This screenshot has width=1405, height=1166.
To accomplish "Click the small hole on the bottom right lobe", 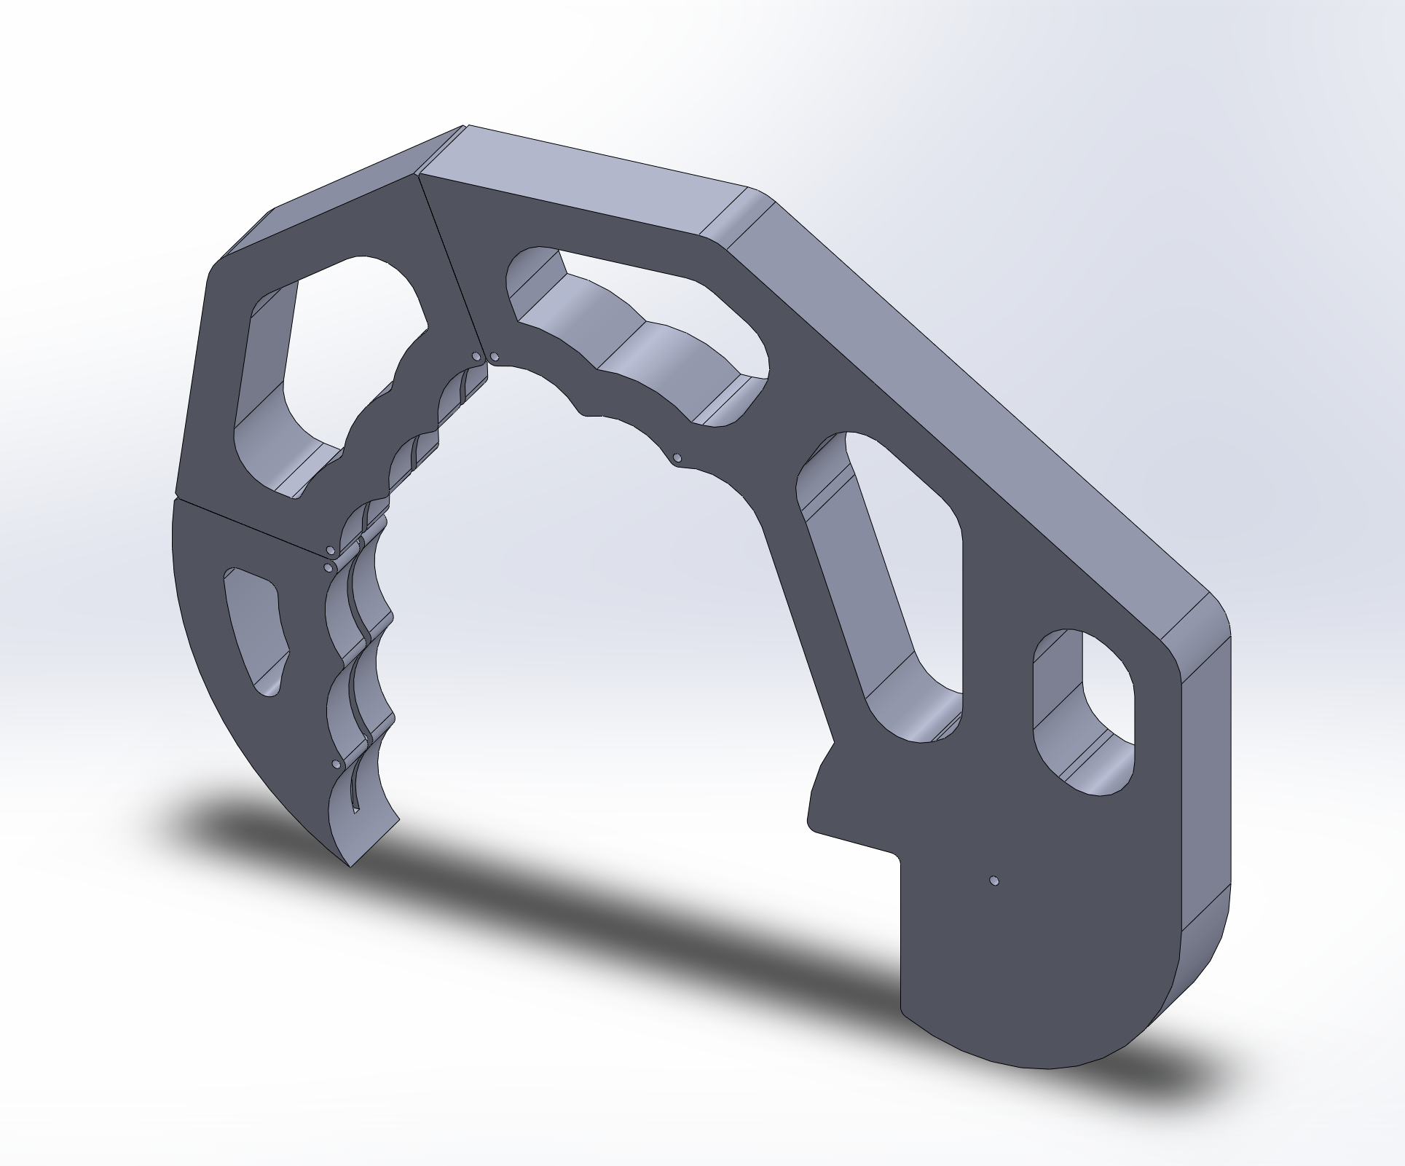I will pos(995,881).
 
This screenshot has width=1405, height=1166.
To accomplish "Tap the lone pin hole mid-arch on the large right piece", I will pos(677,458).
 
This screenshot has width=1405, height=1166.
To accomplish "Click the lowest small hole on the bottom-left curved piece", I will pos(335,764).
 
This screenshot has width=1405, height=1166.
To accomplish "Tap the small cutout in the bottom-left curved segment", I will pos(255,626).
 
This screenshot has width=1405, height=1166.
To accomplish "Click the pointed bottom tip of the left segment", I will pos(351,864).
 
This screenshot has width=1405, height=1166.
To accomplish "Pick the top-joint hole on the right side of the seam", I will pos(495,357).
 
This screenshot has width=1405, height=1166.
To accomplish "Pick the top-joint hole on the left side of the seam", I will pos(476,357).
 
